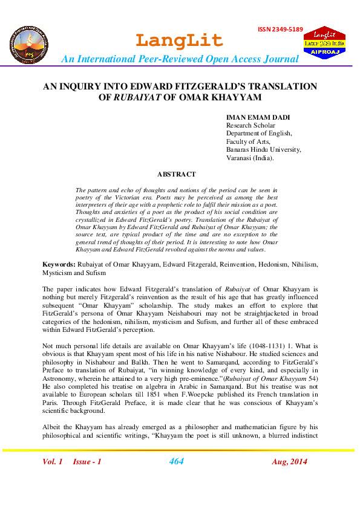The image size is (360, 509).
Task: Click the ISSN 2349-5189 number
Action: coord(280,29)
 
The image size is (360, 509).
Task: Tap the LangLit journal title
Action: coord(179,41)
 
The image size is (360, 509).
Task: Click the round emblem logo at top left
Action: coord(28,45)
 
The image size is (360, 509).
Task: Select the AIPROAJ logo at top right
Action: coord(324,44)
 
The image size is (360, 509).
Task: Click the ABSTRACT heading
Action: coord(176,174)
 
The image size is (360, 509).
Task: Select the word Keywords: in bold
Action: coord(59,265)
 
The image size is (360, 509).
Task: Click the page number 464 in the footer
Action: coord(176,462)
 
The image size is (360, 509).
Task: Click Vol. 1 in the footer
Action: coord(53,462)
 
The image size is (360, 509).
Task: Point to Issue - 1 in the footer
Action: coord(87,462)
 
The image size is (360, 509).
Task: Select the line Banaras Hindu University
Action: coord(263,149)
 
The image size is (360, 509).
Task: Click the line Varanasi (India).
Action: coord(250,158)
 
